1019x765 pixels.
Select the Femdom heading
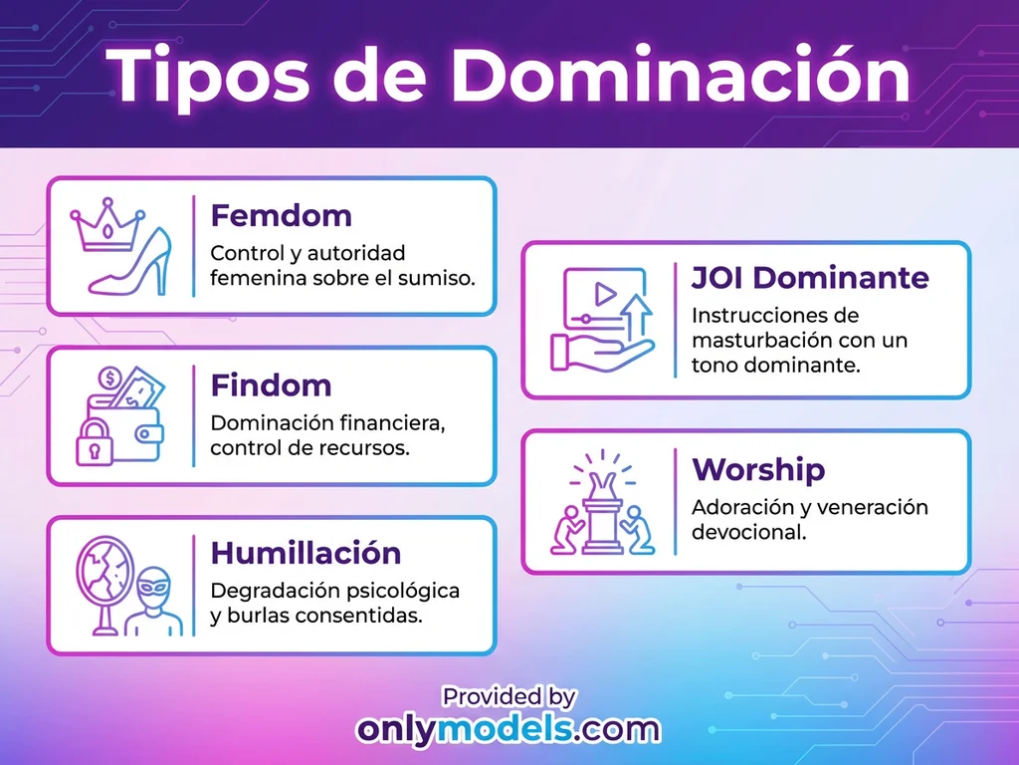(282, 215)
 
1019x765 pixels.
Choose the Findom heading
(271, 384)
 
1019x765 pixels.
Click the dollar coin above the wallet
(111, 380)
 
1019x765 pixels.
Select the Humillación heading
(306, 553)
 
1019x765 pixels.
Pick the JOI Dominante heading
(810, 277)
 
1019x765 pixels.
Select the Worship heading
(758, 468)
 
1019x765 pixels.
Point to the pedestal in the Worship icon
(602, 518)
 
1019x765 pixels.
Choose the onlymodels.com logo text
(509, 729)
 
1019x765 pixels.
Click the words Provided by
(509, 696)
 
